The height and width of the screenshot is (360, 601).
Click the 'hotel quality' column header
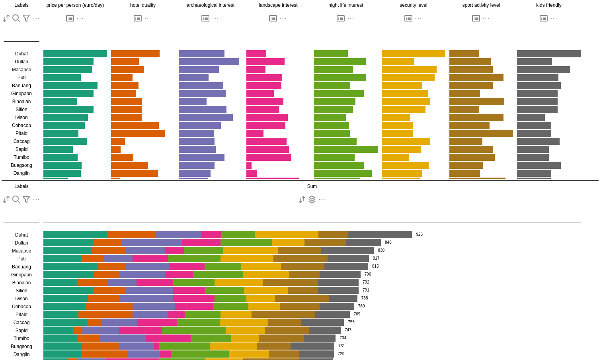tap(143, 5)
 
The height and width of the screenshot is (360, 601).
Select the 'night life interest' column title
tap(345, 5)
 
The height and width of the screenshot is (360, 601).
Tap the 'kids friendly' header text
tap(548, 5)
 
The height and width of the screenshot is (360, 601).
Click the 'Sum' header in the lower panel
tap(312, 186)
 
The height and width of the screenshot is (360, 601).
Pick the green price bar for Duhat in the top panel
tap(75, 54)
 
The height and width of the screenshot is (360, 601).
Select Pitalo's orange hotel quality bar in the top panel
tap(138, 133)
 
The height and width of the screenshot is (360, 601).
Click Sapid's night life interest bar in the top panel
tap(345, 149)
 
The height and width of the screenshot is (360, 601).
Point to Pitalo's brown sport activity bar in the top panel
tap(481, 133)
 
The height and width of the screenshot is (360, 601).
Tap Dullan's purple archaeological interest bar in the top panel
tap(209, 62)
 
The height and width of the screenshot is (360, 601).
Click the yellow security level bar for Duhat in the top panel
tap(413, 54)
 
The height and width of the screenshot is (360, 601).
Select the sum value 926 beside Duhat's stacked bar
tap(419, 235)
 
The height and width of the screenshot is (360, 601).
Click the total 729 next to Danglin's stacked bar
tap(341, 354)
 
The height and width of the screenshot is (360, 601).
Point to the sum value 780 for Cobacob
tap(361, 306)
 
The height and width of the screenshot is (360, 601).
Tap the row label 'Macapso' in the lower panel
tap(21, 251)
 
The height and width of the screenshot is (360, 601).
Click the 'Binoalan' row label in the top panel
tap(21, 102)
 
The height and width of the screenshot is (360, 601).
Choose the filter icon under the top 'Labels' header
tap(26, 18)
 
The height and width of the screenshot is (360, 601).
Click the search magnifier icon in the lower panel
tap(16, 199)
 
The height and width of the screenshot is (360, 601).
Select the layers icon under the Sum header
tap(312, 199)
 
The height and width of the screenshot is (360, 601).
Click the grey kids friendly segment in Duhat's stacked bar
tap(380, 235)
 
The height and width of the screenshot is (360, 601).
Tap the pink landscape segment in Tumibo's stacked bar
tap(168, 338)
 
